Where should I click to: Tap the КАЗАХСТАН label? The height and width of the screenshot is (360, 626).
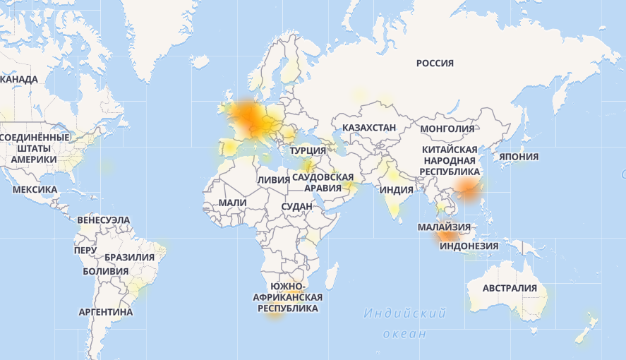tap(369, 128)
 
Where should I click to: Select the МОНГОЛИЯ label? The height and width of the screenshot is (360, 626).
tap(447, 128)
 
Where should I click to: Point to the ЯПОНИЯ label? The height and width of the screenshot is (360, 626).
tap(519, 157)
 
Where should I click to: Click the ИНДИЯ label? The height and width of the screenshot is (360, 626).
tap(396, 190)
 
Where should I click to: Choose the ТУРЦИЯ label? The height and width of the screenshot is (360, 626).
tap(308, 150)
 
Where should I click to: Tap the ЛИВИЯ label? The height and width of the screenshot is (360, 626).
tap(273, 180)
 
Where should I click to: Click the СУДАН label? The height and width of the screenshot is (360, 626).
tap(296, 207)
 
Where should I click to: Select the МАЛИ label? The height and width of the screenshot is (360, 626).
tap(232, 203)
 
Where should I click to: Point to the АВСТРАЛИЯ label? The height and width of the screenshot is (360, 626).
tap(510, 288)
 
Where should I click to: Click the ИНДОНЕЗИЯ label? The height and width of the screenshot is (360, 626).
tap(469, 246)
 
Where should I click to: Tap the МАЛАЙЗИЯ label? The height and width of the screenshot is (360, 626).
tap(443, 227)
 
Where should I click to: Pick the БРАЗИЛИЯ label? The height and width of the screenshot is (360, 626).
tap(129, 258)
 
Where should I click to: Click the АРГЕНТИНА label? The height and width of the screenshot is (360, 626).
tap(106, 311)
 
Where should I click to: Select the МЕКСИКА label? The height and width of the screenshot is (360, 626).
tap(35, 190)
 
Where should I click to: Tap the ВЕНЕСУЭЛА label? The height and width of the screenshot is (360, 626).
tap(104, 220)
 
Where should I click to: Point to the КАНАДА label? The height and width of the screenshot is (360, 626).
tap(19, 80)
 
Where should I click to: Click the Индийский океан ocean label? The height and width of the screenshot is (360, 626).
tap(405, 323)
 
